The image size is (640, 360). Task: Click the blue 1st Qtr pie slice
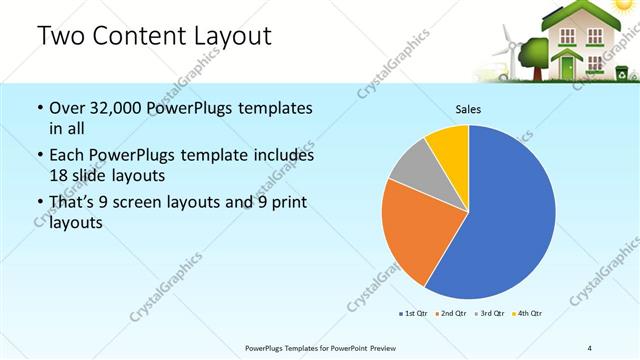(505, 220)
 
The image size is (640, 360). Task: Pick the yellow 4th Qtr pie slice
(448, 145)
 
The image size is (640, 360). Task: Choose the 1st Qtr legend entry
(414, 314)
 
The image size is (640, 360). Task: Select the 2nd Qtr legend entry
(451, 314)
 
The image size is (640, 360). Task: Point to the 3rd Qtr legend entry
(489, 314)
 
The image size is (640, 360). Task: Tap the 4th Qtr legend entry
(527, 314)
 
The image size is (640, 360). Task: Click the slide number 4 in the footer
(590, 347)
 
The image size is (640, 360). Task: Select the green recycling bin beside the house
(621, 72)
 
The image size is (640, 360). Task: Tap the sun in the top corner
(630, 8)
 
